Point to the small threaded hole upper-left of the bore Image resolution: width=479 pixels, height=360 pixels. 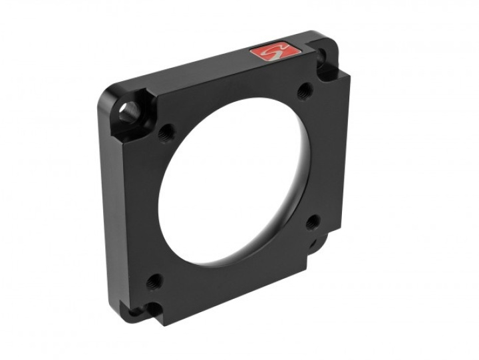tap(167, 130)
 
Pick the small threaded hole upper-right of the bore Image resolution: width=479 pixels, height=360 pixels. tap(303, 89)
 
